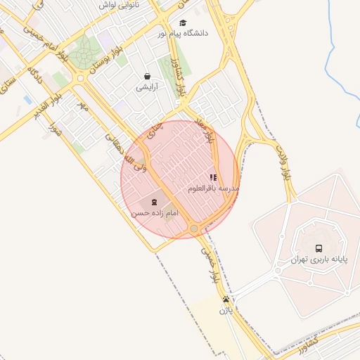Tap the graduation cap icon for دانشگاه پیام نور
coord(184,22)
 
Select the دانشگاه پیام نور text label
coord(162,34)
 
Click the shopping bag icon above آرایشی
coord(146,76)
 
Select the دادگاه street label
coord(35,75)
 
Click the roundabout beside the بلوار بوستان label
coord(79,79)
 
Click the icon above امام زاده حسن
coord(154,202)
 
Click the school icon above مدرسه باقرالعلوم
coord(213,178)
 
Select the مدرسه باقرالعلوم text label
coord(213,188)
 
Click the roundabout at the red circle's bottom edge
coord(193,229)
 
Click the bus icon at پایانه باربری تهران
coord(319,248)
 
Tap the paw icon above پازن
coord(226,299)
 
